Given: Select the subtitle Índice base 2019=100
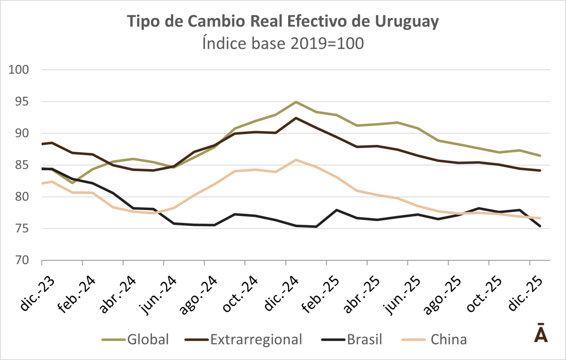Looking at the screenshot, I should point(283,43).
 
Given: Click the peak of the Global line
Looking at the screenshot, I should point(296,102).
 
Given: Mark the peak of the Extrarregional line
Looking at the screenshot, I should point(296,118).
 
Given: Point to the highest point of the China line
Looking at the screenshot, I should point(296,160).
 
